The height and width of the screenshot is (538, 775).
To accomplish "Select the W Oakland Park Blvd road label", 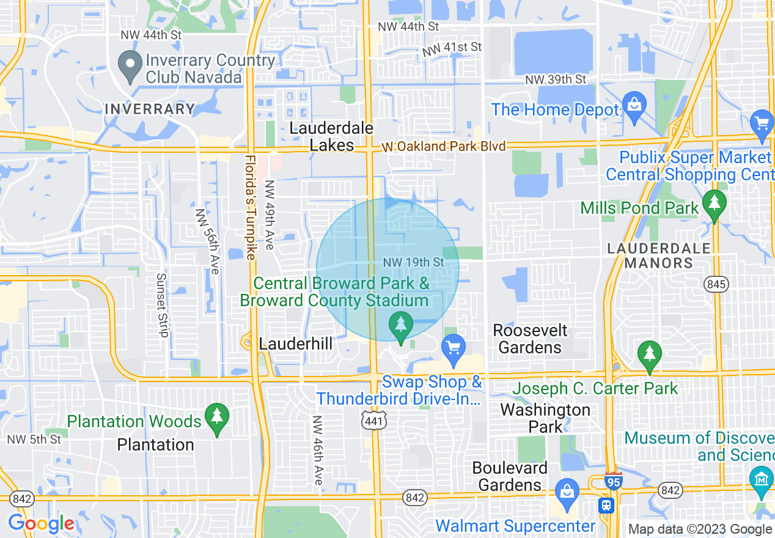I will coord(444,147).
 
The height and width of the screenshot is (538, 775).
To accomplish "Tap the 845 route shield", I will coord(715,284).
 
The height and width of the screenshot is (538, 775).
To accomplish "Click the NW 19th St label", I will coord(413,262).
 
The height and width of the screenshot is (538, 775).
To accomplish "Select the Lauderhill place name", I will coord(296,344).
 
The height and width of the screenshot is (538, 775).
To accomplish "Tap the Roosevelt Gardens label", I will coord(530,339).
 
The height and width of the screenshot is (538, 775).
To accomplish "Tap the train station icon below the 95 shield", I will coord(606,506).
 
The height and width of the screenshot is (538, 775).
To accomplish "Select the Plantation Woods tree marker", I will coord(216,418).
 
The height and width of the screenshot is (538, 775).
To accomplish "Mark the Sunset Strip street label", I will coord(162,304).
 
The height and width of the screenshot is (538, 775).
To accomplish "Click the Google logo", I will coord(41,523).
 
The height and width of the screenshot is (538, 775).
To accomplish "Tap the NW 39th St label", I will coord(556,80).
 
